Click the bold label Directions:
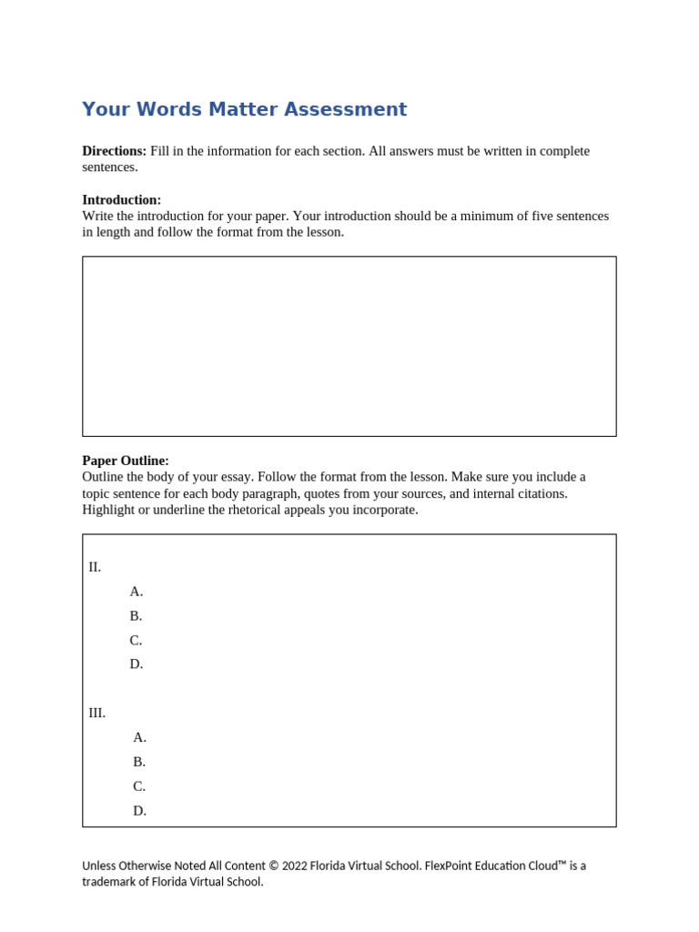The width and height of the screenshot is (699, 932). (114, 151)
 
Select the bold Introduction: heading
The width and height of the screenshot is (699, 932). (121, 200)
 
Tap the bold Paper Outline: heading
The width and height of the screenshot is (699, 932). (126, 461)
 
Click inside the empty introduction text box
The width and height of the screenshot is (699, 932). (349, 346)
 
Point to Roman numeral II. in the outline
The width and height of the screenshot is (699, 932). (95, 567)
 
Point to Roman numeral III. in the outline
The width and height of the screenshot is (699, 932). (96, 714)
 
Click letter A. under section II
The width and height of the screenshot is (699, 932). (137, 592)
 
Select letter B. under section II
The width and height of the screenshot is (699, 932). (136, 616)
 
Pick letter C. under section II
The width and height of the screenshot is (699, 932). (136, 641)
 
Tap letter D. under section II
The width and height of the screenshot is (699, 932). (137, 664)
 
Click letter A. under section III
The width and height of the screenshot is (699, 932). (139, 738)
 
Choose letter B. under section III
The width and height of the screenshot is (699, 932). (139, 763)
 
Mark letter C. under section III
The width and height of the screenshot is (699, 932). (139, 786)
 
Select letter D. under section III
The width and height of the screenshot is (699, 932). (139, 811)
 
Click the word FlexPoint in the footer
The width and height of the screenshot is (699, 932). (451, 866)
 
